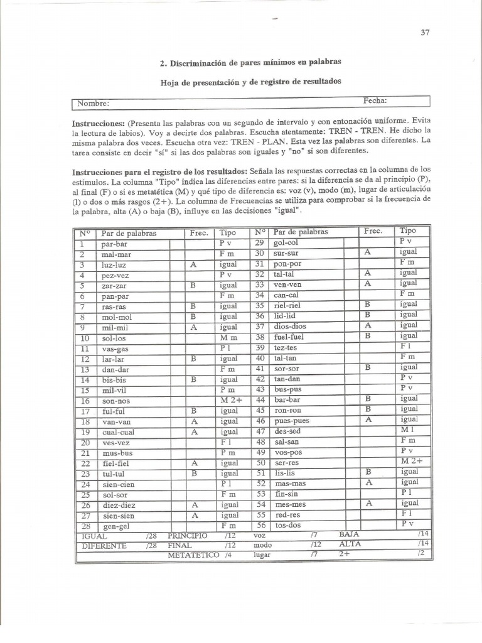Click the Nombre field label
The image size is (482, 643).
pos(93,104)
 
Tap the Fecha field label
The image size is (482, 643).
pos(375,101)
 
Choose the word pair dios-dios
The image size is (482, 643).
pos(289,326)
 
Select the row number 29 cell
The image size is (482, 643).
pos(261,242)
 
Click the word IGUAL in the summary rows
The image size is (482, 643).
pos(94,536)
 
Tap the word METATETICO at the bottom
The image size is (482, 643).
pos(193,556)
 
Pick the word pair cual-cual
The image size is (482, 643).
pos(117,432)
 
